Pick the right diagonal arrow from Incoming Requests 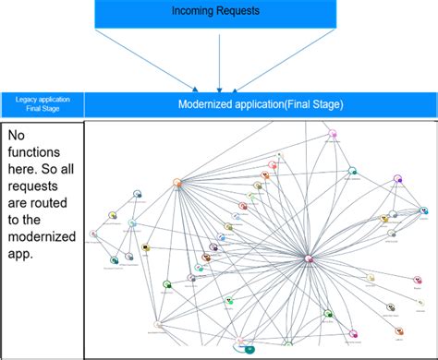click(286, 59)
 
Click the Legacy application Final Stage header click(42, 103)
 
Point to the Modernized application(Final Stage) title click(260, 104)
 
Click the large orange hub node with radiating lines click(176, 183)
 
